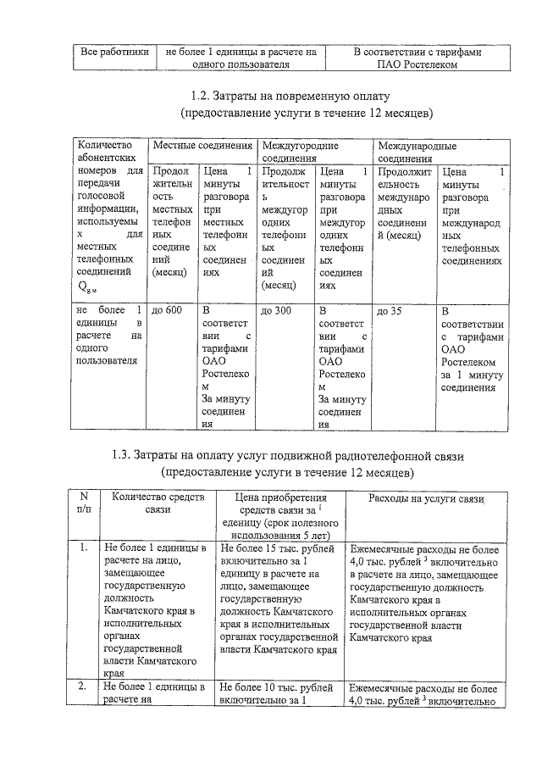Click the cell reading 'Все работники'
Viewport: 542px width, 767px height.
[x=113, y=52]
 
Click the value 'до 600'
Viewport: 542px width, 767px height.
[x=167, y=310]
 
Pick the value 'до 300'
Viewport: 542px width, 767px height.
[x=276, y=310]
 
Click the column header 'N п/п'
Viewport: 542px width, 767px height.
[x=83, y=503]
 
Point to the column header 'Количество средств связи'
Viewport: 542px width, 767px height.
[x=158, y=503]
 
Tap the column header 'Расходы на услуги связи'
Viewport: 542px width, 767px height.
[x=426, y=498]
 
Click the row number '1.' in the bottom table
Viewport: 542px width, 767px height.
[x=83, y=547]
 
